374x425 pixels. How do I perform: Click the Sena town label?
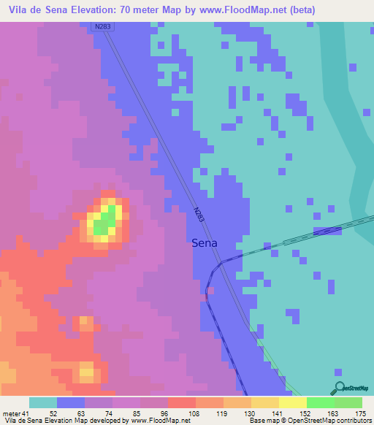205,244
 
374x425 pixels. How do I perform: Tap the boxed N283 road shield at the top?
102,27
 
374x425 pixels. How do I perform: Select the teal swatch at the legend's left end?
43,402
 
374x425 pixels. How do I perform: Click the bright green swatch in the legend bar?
320,402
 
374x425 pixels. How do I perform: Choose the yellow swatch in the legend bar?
292,402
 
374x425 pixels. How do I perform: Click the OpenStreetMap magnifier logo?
338,388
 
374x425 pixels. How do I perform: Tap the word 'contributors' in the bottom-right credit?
352,420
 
